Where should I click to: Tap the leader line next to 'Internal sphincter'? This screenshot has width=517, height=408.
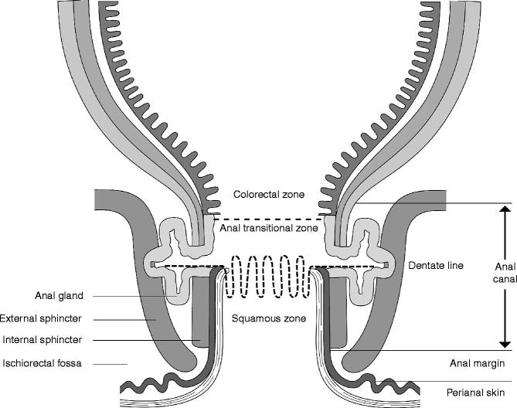tap(155, 339)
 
